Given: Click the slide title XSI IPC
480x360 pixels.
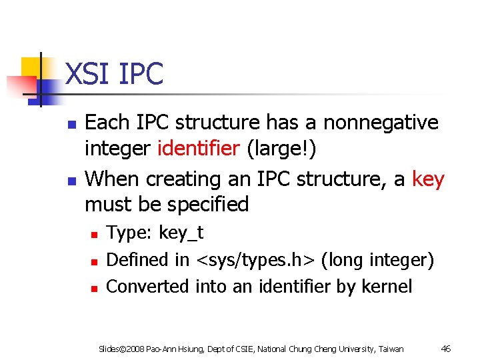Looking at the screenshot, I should click(x=114, y=73).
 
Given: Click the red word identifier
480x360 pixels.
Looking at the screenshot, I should click(x=198, y=149).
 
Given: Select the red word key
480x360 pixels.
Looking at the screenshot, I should click(x=428, y=179).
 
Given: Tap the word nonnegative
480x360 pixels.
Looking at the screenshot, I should click(x=381, y=123).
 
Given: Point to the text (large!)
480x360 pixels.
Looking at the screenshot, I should click(x=281, y=149).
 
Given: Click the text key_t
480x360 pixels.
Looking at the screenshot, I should click(x=181, y=233).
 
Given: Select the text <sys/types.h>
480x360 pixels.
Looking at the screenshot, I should click(x=256, y=260).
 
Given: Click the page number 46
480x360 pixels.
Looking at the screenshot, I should click(x=447, y=349).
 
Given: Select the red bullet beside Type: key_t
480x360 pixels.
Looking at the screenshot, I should click(x=94, y=235).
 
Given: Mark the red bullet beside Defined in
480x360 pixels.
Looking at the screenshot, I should click(x=94, y=261).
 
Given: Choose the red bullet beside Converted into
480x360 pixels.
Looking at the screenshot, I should click(x=94, y=288).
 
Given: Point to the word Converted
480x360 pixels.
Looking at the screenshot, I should click(x=148, y=287).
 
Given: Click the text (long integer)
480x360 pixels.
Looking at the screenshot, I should click(x=377, y=260).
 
